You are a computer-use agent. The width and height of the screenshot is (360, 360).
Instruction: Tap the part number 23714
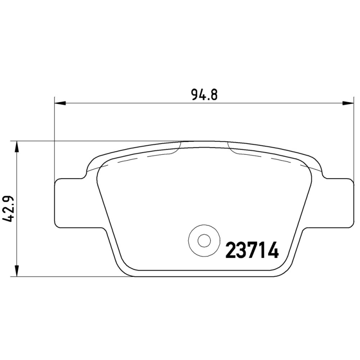tap(252, 250)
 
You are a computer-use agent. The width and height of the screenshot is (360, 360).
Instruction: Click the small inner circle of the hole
tap(204, 241)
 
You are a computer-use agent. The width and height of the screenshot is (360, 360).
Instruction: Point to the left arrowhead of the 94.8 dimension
tap(60, 103)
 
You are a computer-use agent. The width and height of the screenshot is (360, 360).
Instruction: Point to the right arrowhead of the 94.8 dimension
tap(347, 103)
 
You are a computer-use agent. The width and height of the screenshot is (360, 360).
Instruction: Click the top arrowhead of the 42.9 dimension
tap(17, 147)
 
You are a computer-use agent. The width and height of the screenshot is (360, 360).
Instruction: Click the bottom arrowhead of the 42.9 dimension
tap(17, 271)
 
